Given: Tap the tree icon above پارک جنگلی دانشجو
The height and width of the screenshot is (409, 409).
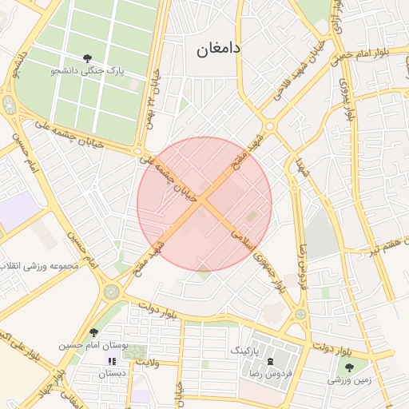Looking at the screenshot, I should (87, 58).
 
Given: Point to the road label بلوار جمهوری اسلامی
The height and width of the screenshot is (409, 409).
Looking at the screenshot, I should (257, 260).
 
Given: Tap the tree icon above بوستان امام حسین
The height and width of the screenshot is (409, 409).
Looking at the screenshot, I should (93, 332).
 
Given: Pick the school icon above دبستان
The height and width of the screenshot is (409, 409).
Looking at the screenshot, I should (111, 361).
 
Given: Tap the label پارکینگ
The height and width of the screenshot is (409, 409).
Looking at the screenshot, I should (245, 350).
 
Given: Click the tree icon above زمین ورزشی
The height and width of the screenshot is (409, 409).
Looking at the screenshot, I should (349, 367).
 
